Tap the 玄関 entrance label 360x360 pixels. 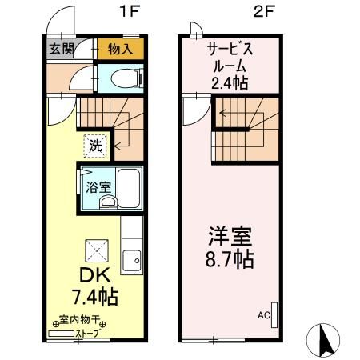62,49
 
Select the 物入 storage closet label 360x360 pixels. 121,50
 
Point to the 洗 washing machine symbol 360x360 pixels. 94,147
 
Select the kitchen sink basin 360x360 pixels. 132,261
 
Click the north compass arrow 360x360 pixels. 326,339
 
